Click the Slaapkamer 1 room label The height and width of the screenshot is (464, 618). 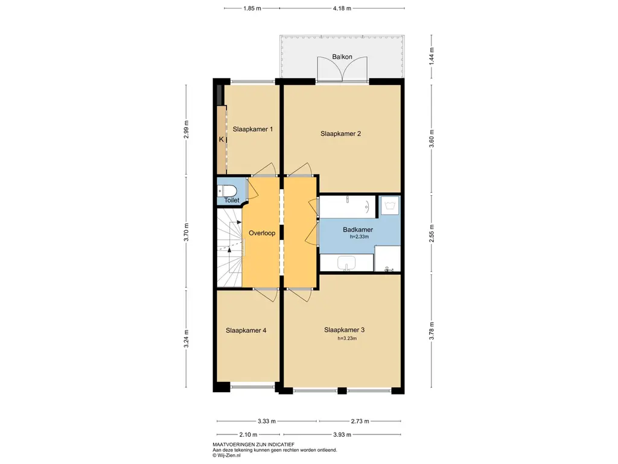pos(253,129)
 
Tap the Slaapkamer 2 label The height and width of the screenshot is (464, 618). pos(340,134)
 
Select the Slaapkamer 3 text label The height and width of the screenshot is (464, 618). pos(344,330)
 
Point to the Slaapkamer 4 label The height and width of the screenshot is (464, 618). pos(246,330)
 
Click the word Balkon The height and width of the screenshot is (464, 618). pos(342,57)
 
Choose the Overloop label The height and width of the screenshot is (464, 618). pos(262,233)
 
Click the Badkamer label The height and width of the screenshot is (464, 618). pos(358,230)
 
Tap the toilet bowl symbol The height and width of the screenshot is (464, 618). pos(227,191)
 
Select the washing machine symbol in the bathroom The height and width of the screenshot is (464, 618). pos(389,205)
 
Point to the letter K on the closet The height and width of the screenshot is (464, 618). pos(221,140)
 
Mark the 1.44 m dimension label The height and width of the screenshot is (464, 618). pos(432,56)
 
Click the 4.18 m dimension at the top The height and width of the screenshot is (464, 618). pos(342,8)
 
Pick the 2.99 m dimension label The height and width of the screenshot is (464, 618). pos(186,129)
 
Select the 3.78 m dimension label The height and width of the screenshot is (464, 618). pos(432,330)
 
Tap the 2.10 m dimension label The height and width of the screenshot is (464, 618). pos(248,434)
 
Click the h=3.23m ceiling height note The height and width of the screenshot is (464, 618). pos(347,338)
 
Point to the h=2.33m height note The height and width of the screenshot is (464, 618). pos(360,237)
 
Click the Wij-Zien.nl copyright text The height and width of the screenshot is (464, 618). pos(227,456)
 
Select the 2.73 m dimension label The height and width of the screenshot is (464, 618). pos(360,421)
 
